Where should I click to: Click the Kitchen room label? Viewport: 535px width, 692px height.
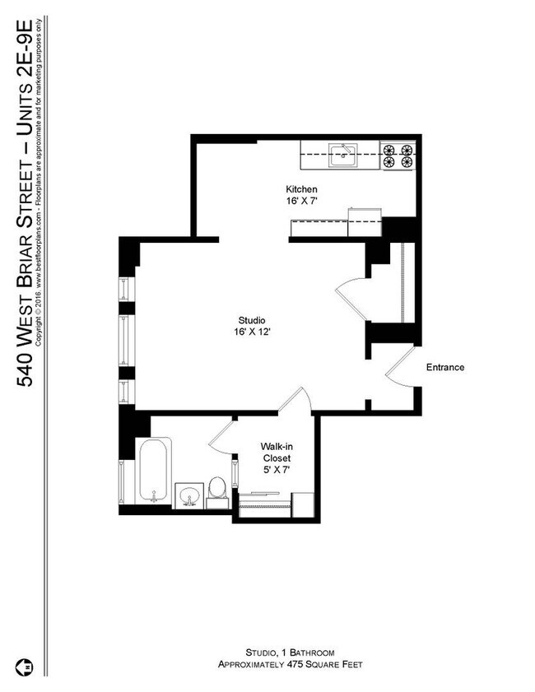tap(301, 189)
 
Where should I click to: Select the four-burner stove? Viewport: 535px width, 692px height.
tap(397, 156)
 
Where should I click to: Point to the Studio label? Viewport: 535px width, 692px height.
tap(252, 320)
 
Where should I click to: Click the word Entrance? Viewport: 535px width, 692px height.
tap(445, 368)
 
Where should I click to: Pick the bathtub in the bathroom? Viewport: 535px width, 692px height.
tap(154, 472)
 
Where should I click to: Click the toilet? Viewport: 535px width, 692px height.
tap(218, 486)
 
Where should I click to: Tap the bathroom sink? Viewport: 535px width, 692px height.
tap(188, 496)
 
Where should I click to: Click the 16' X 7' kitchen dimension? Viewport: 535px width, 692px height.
tap(301, 201)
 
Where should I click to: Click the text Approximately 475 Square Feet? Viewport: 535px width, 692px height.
tap(289, 663)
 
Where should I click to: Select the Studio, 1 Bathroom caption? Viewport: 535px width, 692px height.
tap(289, 652)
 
